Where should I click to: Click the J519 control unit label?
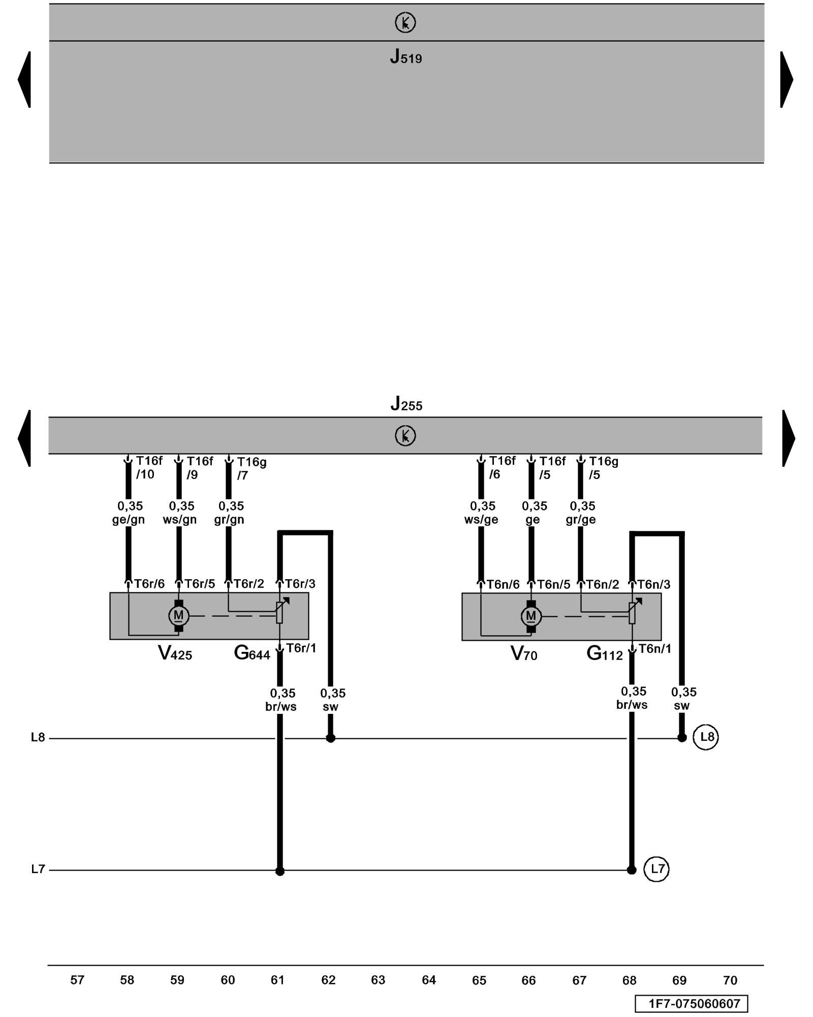(x=405, y=56)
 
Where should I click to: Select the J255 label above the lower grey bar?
(x=406, y=404)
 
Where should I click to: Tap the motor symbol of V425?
(x=178, y=616)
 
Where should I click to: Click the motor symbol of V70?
(x=531, y=616)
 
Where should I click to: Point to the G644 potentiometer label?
(x=252, y=653)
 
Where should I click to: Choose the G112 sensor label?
(x=604, y=653)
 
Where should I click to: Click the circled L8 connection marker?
(x=706, y=737)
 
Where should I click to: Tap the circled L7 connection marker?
(x=656, y=869)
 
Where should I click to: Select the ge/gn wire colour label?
(x=129, y=520)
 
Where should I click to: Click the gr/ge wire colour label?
(x=581, y=520)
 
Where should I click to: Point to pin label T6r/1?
(x=301, y=648)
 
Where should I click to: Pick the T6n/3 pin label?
(x=653, y=584)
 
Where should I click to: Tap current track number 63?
(x=378, y=980)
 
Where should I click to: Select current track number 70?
(x=730, y=980)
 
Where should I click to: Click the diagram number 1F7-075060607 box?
(x=691, y=1004)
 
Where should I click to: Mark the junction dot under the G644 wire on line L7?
(x=279, y=871)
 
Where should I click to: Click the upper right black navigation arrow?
(x=786, y=79)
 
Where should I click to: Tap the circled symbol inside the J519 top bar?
(x=405, y=22)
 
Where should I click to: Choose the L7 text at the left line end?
(x=38, y=869)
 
